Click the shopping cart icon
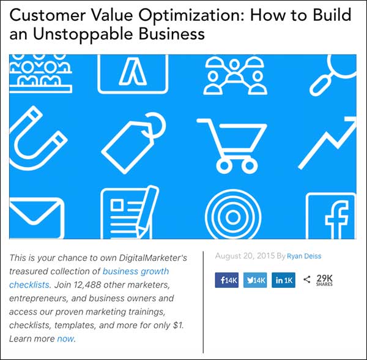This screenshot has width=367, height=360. [231, 143]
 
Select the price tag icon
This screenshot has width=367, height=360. [133, 143]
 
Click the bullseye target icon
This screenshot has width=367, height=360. [231, 217]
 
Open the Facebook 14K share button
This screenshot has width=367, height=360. [226, 280]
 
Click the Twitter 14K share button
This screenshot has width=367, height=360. [255, 280]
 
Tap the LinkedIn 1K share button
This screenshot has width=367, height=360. [284, 280]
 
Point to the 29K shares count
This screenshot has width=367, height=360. [324, 280]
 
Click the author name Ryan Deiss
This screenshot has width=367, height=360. [304, 256]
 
